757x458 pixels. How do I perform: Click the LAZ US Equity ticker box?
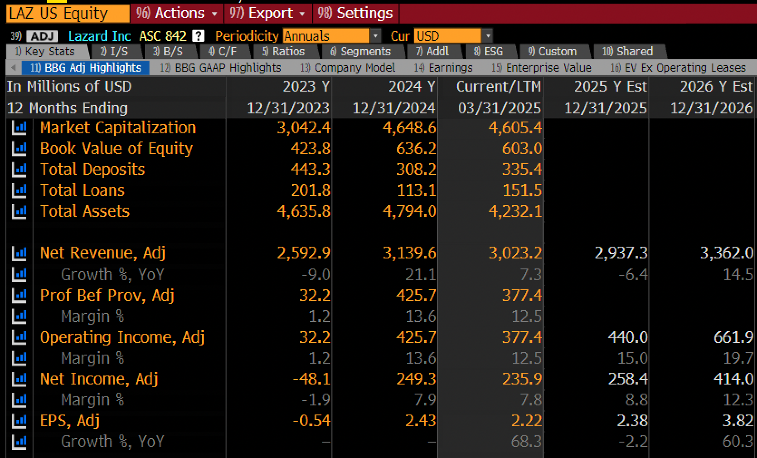click(68, 14)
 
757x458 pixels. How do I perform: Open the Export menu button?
click(267, 14)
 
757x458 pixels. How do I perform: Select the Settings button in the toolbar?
click(355, 14)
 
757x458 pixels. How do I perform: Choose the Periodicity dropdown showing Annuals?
click(331, 36)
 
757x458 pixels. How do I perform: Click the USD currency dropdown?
click(453, 36)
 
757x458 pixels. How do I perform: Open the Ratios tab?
click(284, 51)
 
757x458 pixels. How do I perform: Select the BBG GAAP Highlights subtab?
click(221, 68)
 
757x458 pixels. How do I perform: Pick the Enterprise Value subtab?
click(541, 68)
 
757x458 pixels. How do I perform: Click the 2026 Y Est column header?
click(717, 87)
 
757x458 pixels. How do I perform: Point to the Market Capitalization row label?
click(118, 128)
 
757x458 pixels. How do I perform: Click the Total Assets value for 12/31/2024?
click(409, 211)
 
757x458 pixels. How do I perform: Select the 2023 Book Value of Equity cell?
click(311, 149)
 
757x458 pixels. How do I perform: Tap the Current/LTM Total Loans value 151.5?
click(523, 190)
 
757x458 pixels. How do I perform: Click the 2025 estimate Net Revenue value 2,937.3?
click(621, 253)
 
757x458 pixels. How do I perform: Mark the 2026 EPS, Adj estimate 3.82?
click(738, 421)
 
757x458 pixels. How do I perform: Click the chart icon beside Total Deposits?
click(19, 170)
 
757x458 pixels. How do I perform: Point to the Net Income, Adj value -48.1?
click(311, 379)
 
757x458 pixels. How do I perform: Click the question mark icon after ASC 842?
click(199, 36)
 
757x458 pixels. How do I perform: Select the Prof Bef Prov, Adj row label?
click(107, 295)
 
